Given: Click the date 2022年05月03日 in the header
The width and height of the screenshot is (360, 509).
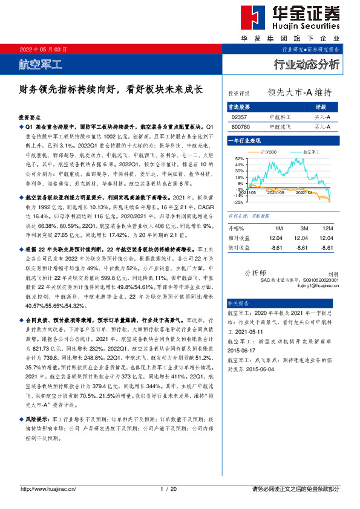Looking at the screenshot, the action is [x=44, y=49].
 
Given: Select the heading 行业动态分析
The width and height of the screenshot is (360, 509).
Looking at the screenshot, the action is [x=307, y=63].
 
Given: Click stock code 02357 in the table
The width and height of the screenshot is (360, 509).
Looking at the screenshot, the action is [x=240, y=117].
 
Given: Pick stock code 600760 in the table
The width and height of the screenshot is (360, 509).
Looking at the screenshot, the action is [x=241, y=127].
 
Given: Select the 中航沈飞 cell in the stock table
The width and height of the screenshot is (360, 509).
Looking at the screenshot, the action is [x=280, y=127].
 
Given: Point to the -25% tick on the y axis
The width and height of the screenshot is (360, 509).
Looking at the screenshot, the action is [x=240, y=202].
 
